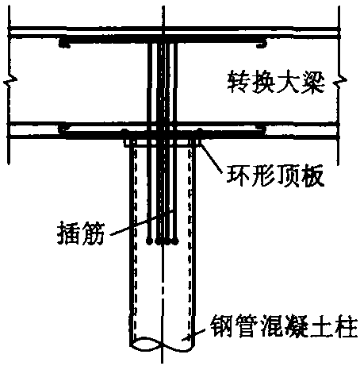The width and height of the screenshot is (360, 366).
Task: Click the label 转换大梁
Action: [276, 82]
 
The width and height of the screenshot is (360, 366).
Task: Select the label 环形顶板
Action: [275, 175]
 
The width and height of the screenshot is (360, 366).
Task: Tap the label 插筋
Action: [81, 233]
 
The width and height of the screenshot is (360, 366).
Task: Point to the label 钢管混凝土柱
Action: [284, 326]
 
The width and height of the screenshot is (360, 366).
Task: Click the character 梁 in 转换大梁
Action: [313, 82]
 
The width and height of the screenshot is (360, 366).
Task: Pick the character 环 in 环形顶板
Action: [238, 175]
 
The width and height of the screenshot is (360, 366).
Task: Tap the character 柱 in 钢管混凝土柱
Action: [347, 326]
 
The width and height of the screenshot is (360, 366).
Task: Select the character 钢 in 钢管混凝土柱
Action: [221, 326]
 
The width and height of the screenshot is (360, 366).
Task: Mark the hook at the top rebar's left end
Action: [63, 43]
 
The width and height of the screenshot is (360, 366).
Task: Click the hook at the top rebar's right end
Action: [262, 44]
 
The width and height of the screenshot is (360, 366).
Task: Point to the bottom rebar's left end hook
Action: [63, 129]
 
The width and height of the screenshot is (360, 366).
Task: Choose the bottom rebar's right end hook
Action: [262, 129]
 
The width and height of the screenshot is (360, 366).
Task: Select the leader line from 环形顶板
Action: [211, 156]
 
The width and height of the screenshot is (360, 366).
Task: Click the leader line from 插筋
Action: [142, 222]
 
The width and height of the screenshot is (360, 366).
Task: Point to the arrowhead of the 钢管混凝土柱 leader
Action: [187, 337]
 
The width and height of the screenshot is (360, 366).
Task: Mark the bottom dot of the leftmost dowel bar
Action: [150, 241]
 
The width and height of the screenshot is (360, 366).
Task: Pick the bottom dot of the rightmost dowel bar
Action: [174, 241]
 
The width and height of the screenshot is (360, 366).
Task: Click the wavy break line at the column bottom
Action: [163, 343]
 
